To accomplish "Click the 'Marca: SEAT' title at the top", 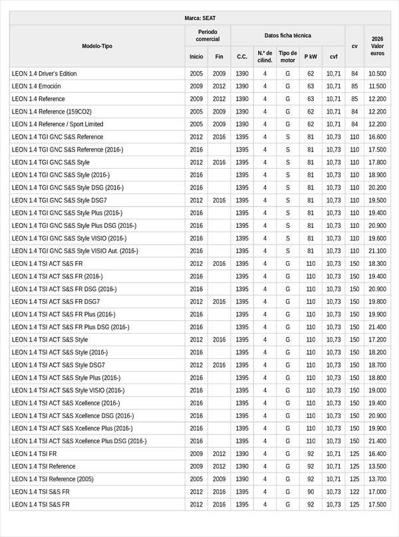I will [199, 18].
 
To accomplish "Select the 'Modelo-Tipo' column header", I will [97, 46].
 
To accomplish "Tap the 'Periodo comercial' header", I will [208, 35].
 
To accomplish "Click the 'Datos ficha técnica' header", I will [287, 35].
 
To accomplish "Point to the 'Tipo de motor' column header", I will [288, 56].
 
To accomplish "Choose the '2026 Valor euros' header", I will [377, 46].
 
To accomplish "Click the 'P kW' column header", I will [311, 57].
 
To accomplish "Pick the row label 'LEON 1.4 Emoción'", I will [37, 86].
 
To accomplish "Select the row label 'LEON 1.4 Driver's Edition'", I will [45, 74].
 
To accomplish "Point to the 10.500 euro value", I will [377, 74].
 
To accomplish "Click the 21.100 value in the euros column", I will [377, 251].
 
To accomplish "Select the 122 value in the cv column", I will [354, 492].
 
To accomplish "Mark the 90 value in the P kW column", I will [311, 492].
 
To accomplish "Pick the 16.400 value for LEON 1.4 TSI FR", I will [377, 454].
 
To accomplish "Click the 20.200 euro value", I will [377, 188].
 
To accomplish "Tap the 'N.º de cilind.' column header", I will [265, 56].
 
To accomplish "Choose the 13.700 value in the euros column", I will [377, 479].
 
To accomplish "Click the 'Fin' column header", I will [219, 57].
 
